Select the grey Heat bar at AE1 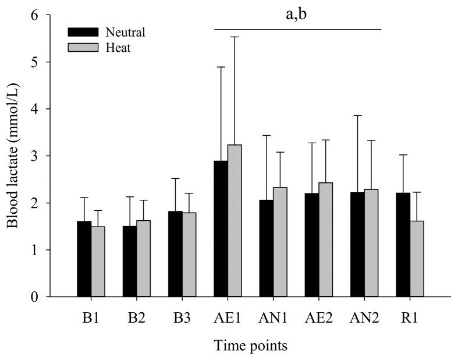coord(235,221)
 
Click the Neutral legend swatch coord(83,32)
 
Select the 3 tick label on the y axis coord(37,156)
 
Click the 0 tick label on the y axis coord(37,297)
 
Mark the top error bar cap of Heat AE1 coord(235,37)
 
